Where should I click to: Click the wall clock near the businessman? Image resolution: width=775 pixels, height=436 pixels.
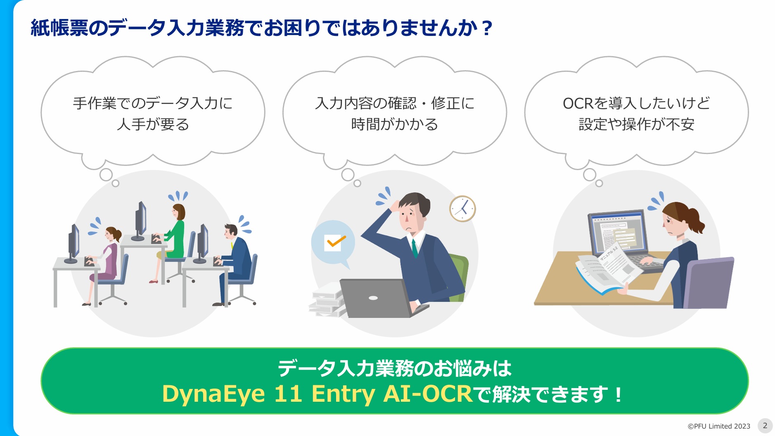[462, 209]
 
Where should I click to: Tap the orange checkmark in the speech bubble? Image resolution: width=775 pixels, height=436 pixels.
[335, 242]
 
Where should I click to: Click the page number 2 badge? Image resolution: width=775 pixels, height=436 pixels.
[765, 426]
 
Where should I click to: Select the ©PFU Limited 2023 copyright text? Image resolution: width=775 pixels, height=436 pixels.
[719, 426]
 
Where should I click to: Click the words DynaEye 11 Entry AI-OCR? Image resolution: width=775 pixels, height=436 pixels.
[317, 393]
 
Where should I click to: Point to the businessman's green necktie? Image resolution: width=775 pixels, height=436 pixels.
[415, 248]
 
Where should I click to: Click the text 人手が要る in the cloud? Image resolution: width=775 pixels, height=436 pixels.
[153, 124]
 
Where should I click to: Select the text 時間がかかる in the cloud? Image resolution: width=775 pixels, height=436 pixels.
[394, 124]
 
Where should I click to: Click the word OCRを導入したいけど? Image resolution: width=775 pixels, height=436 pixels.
[636, 103]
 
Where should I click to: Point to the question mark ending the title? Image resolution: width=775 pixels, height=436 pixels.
[487, 28]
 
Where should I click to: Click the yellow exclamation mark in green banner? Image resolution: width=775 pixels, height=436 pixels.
[618, 394]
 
